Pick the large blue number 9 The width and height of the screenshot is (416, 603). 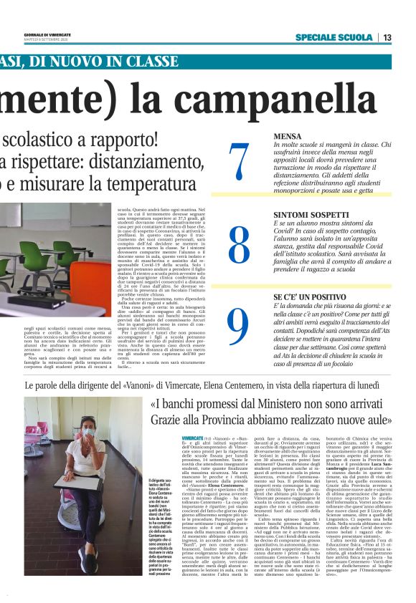(238, 326)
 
